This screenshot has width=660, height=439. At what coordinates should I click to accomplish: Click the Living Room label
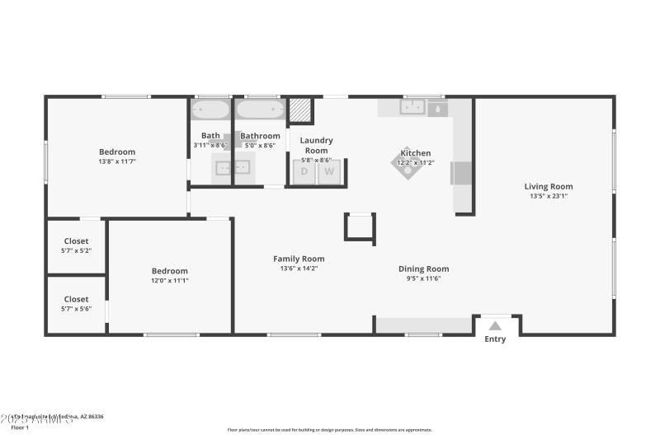pyautogui.click(x=549, y=186)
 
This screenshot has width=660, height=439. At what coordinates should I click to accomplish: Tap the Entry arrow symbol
pyautogui.click(x=495, y=326)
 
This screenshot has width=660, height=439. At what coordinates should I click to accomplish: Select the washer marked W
pyautogui.click(x=329, y=171)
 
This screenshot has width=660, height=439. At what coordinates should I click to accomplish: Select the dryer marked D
pyautogui.click(x=304, y=171)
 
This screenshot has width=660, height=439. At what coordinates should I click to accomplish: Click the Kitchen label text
pyautogui.click(x=415, y=153)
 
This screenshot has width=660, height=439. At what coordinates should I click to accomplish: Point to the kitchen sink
pyautogui.click(x=412, y=106)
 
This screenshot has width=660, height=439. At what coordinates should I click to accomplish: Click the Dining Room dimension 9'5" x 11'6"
pyautogui.click(x=423, y=278)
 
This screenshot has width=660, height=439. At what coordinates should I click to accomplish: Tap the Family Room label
pyautogui.click(x=299, y=259)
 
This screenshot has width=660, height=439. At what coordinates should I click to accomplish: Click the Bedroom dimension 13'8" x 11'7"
pyautogui.click(x=117, y=161)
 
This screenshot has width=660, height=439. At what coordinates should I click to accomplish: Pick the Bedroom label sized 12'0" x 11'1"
pyautogui.click(x=169, y=281)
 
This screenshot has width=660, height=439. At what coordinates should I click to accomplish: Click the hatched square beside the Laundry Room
pyautogui.click(x=300, y=110)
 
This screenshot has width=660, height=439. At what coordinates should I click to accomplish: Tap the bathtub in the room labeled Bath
pyautogui.click(x=211, y=110)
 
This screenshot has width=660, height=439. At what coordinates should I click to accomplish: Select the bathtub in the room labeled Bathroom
pyautogui.click(x=260, y=110)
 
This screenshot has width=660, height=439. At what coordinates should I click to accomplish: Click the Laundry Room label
pyautogui.click(x=316, y=145)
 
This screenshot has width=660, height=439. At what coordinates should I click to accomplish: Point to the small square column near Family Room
pyautogui.click(x=360, y=227)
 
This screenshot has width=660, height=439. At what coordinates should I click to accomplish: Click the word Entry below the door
pyautogui.click(x=495, y=339)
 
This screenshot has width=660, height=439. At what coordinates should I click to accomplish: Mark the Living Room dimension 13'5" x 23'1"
pyautogui.click(x=549, y=196)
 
